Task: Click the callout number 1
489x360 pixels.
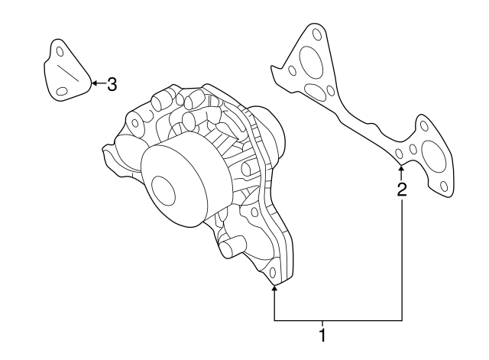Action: pyautogui.click(x=322, y=336)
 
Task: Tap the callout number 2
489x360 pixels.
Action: pyautogui.click(x=402, y=190)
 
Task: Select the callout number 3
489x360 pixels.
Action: pyautogui.click(x=112, y=84)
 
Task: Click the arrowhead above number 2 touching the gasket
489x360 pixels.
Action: pyautogui.click(x=401, y=169)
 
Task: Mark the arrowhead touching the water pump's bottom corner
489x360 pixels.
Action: pyautogui.click(x=274, y=289)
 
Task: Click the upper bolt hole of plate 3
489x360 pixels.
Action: pyautogui.click(x=60, y=52)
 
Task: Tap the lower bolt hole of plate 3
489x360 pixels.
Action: pyautogui.click(x=62, y=92)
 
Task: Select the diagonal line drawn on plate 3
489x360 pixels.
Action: pyautogui.click(x=68, y=73)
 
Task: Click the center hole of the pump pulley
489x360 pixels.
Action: pyautogui.click(x=163, y=191)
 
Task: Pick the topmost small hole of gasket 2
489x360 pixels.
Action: pyautogui.click(x=317, y=34)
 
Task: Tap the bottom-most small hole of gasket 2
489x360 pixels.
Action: pyautogui.click(x=444, y=186)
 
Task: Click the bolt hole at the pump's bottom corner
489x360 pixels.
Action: pyautogui.click(x=272, y=273)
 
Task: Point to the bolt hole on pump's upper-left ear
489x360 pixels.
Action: pyautogui.click(x=135, y=123)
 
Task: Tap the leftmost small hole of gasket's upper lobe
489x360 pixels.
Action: pyautogui.click(x=292, y=71)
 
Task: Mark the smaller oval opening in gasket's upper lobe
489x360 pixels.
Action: pyautogui.click(x=315, y=91)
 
